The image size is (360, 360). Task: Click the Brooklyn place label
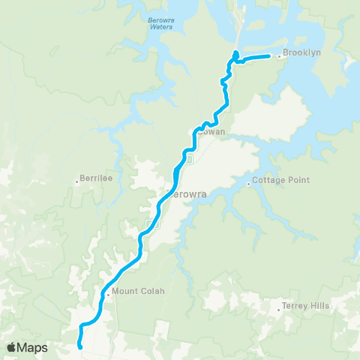[x=301, y=54]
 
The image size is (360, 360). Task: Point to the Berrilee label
[x=96, y=180]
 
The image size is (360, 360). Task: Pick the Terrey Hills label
[x=305, y=306]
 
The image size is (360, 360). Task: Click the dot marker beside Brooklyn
[x=279, y=55]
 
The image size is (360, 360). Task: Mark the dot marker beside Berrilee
[x=77, y=180]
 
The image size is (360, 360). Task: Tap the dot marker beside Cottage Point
[x=249, y=181]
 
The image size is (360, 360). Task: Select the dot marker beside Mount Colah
[x=109, y=293]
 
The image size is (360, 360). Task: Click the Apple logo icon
[x=13, y=347]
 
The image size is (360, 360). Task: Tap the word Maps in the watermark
[x=33, y=347]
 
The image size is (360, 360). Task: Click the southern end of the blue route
[x=79, y=346]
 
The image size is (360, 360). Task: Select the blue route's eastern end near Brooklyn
[x=268, y=56]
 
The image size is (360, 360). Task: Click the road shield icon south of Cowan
[x=189, y=159]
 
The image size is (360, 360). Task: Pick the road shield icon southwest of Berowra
[x=149, y=224]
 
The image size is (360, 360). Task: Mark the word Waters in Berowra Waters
[x=160, y=27]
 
